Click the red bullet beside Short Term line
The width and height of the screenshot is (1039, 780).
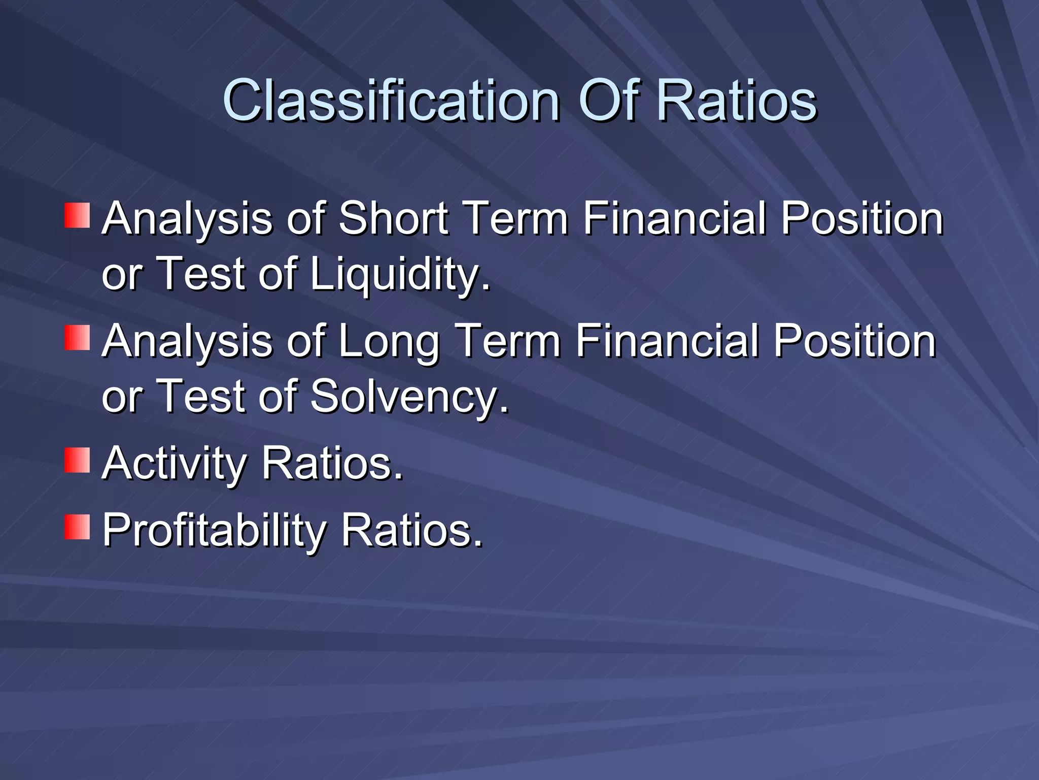tap(77, 215)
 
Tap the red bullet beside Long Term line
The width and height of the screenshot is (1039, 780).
tap(77, 338)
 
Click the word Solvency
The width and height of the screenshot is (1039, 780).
tap(408, 397)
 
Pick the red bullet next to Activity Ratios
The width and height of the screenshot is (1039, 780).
tap(77, 460)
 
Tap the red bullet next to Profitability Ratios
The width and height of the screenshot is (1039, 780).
tap(77, 527)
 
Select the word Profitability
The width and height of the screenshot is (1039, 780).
tap(213, 530)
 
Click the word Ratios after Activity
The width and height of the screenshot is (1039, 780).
tap(332, 463)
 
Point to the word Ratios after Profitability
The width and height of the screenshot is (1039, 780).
tap(411, 530)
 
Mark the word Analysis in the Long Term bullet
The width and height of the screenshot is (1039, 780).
tap(187, 341)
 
